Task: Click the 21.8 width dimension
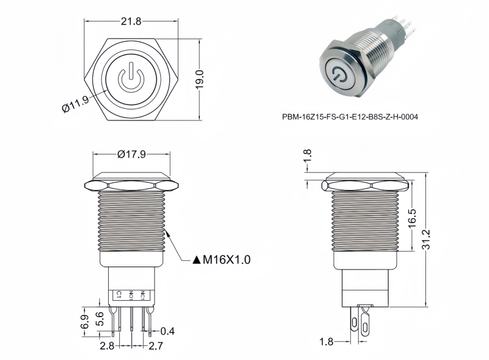(131, 21)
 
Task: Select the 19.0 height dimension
(199, 79)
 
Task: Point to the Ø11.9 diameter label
(76, 103)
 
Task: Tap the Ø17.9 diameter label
(131, 154)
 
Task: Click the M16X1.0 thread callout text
(226, 260)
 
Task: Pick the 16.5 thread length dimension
(411, 218)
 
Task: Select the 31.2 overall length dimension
(425, 239)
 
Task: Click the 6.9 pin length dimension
(84, 321)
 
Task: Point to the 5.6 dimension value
(100, 319)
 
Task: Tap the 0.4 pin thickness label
(167, 331)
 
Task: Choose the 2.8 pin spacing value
(107, 346)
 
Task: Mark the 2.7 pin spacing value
(156, 346)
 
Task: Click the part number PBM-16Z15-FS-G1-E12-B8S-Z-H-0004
(350, 117)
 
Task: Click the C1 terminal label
(119, 295)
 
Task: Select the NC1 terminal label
(142, 295)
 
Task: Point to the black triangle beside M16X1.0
(196, 260)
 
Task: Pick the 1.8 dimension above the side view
(307, 156)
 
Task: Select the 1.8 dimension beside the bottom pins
(326, 342)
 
